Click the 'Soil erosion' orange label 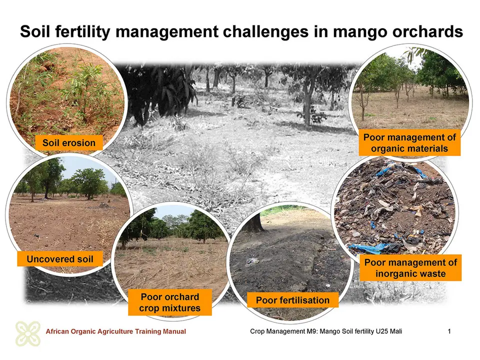point(69,142)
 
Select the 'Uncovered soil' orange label point(60,259)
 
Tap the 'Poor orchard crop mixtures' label point(170,302)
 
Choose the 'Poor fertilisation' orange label point(292,300)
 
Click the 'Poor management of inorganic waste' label point(410,268)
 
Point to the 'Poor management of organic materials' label point(409,143)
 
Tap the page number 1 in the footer point(449,331)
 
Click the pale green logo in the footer point(28,333)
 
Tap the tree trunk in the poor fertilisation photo point(255,222)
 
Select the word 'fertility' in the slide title point(80,32)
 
